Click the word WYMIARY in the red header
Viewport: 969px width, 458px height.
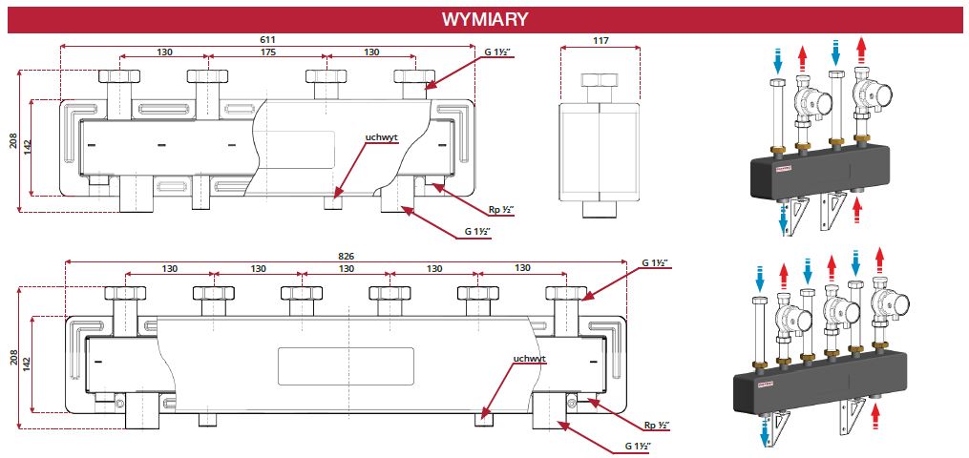pos(484,19)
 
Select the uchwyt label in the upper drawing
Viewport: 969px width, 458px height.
pos(380,137)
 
